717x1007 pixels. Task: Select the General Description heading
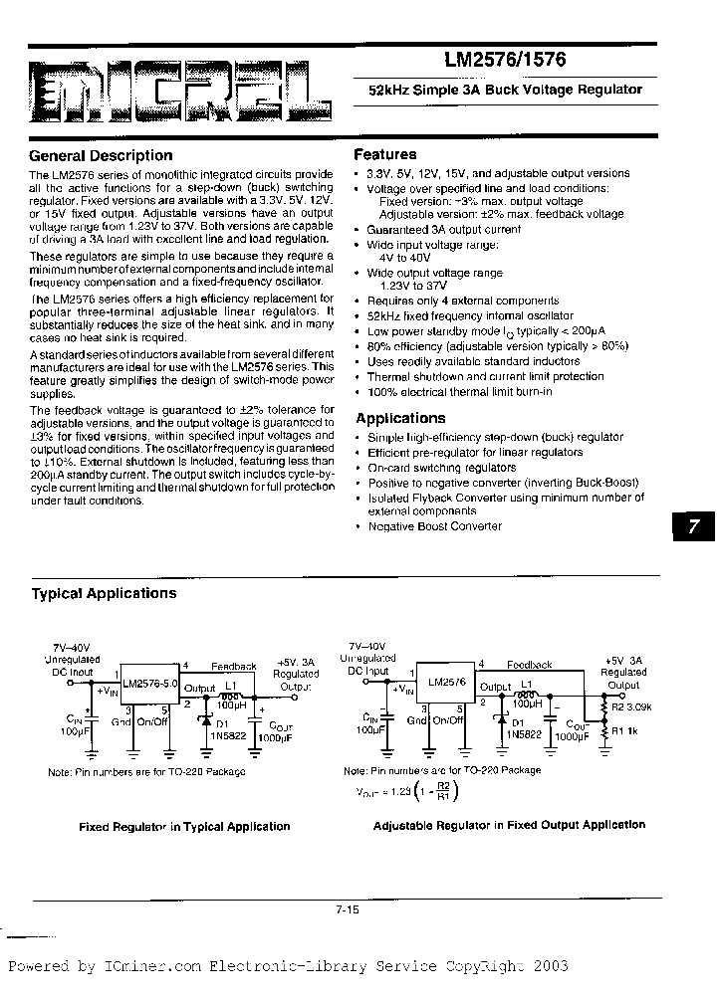101,155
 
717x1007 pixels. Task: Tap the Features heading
385,154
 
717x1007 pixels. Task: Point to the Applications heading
400,419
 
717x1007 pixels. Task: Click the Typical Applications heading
104,593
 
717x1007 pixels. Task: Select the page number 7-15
350,908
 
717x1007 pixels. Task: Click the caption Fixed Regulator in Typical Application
184,826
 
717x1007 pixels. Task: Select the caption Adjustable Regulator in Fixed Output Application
509,825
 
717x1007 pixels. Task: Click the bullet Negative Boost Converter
435,526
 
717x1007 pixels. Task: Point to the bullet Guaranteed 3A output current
443,229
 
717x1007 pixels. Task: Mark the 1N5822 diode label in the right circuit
520,733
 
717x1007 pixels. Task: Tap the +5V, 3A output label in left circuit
297,662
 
